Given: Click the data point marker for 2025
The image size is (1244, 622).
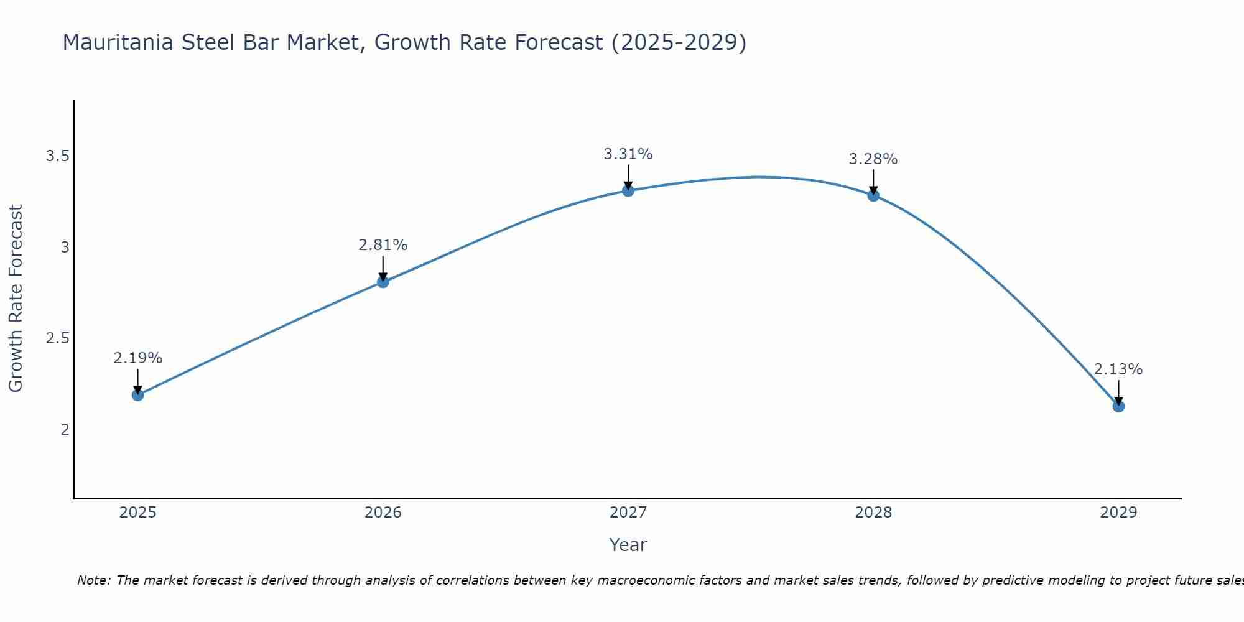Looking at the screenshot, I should [137, 395].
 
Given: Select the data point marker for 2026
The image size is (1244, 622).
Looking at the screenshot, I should [383, 282].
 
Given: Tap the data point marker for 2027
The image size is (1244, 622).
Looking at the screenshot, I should [628, 190].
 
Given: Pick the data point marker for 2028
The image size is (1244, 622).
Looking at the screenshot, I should [873, 195].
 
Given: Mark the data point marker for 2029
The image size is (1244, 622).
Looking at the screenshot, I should [1118, 406].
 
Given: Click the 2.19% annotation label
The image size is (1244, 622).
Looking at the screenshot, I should [137, 358].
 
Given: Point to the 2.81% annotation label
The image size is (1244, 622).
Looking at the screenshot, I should [383, 245].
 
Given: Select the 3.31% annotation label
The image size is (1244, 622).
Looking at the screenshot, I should [628, 154].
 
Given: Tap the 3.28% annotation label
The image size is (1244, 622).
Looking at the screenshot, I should [873, 159].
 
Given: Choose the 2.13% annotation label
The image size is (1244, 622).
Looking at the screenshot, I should [1118, 369].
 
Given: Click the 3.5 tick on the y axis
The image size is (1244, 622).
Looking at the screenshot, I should [57, 156].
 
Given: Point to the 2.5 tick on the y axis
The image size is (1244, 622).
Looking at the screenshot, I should [57, 338].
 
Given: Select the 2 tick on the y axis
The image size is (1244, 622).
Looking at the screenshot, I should [65, 430].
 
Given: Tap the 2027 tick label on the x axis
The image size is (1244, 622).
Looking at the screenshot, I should [628, 513].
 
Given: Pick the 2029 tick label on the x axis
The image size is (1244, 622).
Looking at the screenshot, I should [1118, 513].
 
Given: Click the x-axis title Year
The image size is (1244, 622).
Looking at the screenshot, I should [628, 545].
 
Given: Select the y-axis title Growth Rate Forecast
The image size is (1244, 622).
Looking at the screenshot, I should [16, 299].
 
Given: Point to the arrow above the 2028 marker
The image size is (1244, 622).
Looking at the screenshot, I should [873, 181].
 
